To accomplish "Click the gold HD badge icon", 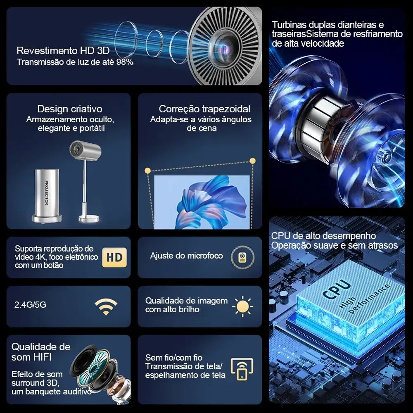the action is pos(114,257).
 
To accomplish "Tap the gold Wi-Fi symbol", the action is pos(106,306).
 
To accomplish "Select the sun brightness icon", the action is pos(242,306).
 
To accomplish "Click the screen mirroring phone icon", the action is pos(242,369).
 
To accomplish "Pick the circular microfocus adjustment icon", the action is pos(242,257).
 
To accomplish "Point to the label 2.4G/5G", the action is pos(30,304).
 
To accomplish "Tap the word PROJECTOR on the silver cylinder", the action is pos(47,192).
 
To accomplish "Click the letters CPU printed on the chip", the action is pos(337,289).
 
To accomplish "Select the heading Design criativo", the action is pos(70,109).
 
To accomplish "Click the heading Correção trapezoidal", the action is pos(204,109).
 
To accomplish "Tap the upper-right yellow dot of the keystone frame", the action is pos(252,161).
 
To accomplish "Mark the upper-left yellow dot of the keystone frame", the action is pos(147,171).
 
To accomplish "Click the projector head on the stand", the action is pos(85,150).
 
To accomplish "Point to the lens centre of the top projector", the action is pos(225,47).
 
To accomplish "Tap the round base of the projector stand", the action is pos(89,218).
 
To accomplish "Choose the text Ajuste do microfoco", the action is pos(187,256).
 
